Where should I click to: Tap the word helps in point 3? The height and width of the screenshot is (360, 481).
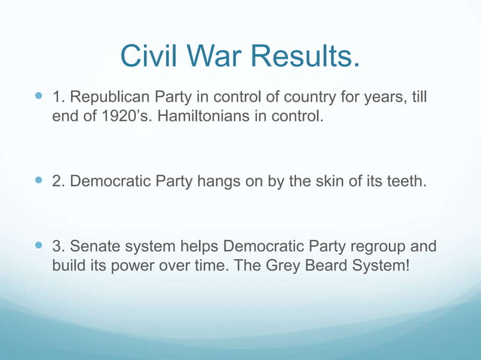(x=197, y=246)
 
